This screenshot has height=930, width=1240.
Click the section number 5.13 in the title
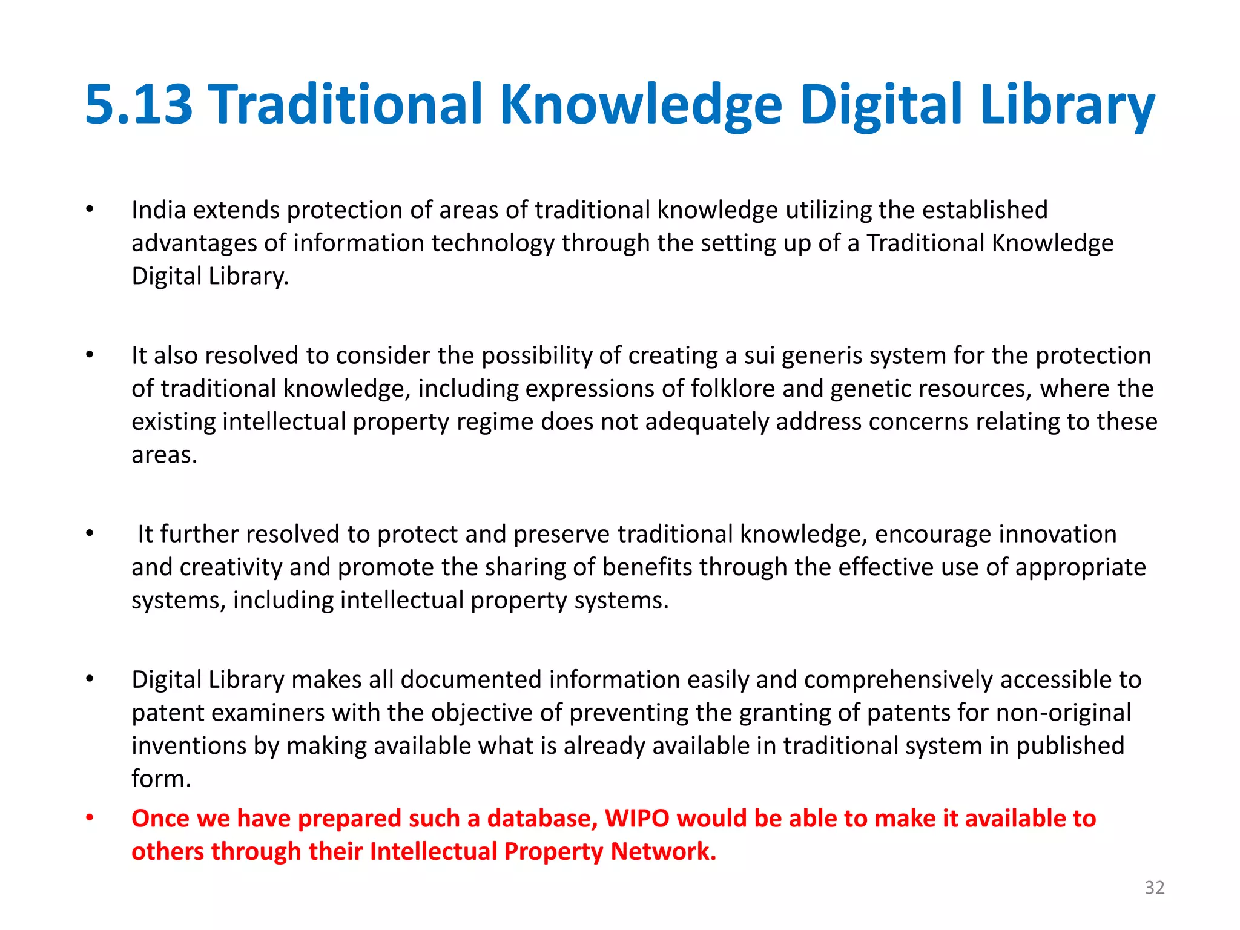[139, 105]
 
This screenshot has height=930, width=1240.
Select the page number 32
[1154, 887]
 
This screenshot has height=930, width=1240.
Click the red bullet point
[90, 818]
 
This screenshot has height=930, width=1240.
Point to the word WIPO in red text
[637, 818]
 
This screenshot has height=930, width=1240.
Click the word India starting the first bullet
[159, 210]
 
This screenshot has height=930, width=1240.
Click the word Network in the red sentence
[663, 851]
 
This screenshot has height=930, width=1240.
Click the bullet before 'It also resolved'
[90, 355]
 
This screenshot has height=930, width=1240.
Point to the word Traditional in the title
[348, 105]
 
